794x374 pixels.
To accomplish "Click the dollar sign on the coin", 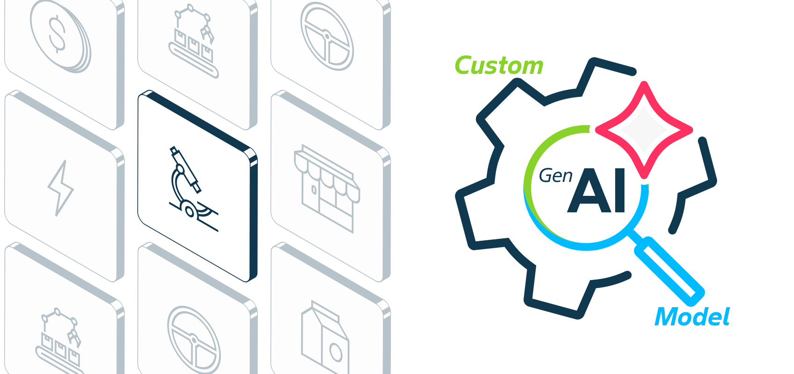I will pos(57,34).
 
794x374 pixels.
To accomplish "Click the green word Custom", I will pos(499,65).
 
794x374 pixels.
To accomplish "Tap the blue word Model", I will pos(692,317).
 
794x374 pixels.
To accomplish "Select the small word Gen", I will pos(555,176).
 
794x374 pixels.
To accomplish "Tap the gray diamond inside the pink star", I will pos(644,130).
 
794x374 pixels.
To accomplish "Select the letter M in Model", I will pos(667,317).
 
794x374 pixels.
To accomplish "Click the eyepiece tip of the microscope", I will pos(174,149).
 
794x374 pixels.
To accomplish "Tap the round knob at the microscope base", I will pos(189,212).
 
